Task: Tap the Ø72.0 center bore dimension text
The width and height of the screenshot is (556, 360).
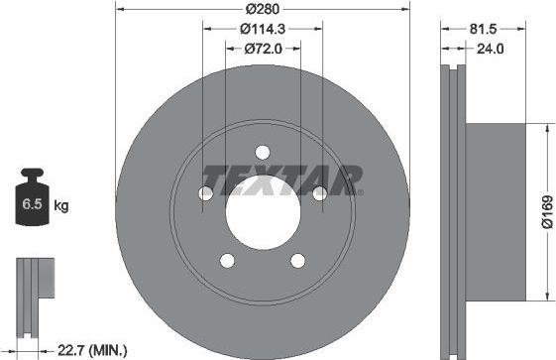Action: (263, 47)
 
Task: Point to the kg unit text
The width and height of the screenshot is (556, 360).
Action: (60, 206)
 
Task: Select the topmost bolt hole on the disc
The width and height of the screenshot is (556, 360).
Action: (263, 152)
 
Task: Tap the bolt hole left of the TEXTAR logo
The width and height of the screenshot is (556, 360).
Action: (206, 193)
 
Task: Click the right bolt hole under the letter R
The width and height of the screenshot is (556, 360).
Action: (319, 193)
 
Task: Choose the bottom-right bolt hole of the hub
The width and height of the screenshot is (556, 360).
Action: (298, 260)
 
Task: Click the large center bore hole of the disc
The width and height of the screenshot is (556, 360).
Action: (263, 214)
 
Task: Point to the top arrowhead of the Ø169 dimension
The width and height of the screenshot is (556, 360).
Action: (544, 127)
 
